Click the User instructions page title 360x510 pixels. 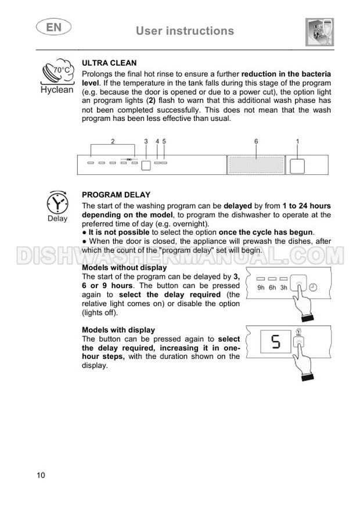185,31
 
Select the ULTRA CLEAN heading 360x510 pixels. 110,62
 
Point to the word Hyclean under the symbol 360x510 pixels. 57,90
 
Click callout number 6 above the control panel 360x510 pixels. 255,141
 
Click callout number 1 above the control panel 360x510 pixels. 297,141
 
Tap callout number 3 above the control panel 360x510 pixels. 146,141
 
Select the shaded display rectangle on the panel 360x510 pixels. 255,164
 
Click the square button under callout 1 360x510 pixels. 297,165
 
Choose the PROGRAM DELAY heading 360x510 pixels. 116,195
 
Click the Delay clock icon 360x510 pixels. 57,203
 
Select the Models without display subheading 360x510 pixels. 124,268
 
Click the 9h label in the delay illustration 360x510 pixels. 261,288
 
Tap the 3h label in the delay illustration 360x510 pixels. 284,288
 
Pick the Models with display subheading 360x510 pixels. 118,330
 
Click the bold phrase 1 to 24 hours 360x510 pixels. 306,206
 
